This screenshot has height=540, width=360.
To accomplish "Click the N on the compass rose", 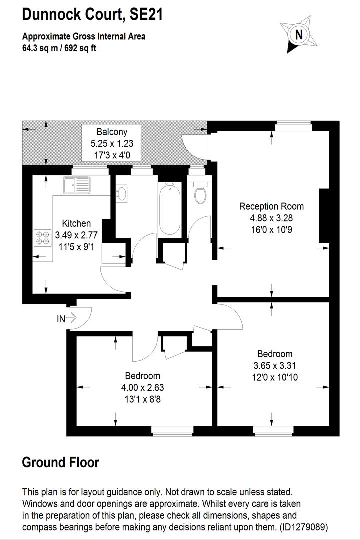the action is tap(299, 35).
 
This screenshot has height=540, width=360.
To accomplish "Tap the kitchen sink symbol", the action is tap(77, 185).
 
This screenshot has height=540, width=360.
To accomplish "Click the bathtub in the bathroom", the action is tap(170, 208).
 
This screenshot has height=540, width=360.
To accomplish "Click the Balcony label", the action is tap(112, 132).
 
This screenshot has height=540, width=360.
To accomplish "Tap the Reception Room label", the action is tap(272, 206).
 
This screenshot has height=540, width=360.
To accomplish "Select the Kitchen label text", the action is tap(76, 224).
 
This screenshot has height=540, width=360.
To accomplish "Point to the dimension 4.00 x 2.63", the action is tap(142, 388).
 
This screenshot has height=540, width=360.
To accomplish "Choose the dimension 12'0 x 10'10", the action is tap(275, 377).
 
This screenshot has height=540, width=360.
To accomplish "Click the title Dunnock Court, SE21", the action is tap(92, 15).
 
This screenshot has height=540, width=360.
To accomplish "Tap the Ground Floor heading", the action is tap(61, 462).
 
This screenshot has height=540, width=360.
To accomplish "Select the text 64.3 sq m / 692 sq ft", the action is tap(59, 48).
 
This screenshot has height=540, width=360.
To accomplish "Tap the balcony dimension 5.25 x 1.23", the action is tap(112, 143).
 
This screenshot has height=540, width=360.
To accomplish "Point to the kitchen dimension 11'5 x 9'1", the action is tap(76, 247).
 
